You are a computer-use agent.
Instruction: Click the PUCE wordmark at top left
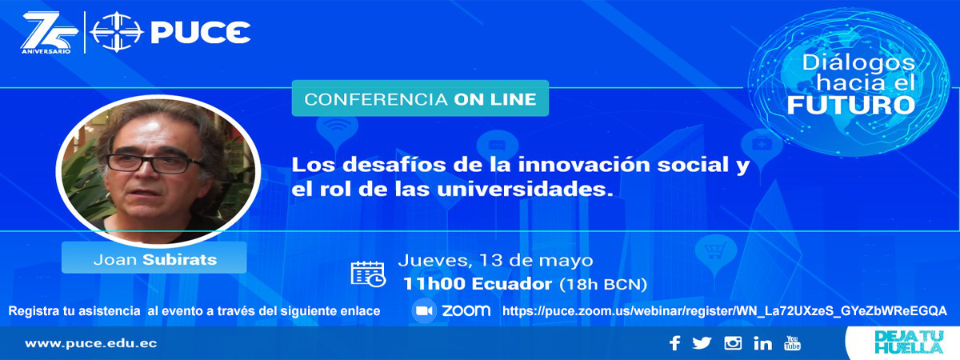pos(201,33)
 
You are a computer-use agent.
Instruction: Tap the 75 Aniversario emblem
pos(50,33)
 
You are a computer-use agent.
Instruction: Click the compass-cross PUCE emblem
pos(117,32)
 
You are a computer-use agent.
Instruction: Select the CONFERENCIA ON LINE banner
pos(420,98)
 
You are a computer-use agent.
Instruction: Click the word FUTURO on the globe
pos(851,105)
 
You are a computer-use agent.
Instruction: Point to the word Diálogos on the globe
pos(858,63)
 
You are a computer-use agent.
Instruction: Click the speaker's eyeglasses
pos(155,163)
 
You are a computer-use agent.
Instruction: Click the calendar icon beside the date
pos(368,274)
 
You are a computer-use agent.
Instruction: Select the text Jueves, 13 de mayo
pos(495,260)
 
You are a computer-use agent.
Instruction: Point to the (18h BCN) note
pos(603,284)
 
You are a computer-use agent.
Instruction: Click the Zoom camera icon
pos(424,310)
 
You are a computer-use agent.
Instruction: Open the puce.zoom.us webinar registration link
pos(724,311)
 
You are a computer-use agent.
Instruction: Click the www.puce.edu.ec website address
pos(91,344)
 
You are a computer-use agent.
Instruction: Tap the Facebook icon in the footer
pos(675,343)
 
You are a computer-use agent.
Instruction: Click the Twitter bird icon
pos(702,343)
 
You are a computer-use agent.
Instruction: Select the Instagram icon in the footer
pos(733,343)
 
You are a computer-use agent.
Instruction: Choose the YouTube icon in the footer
pos(792,343)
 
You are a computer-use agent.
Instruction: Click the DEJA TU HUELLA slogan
pos(909,342)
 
